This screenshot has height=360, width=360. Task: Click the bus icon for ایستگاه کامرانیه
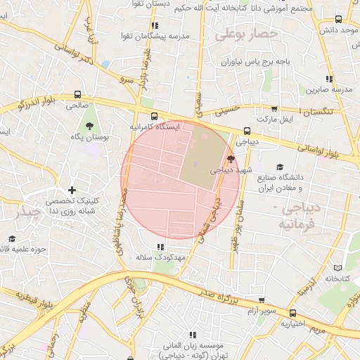[x=154, y=117]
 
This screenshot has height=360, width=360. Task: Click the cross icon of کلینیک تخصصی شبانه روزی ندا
[x=71, y=190]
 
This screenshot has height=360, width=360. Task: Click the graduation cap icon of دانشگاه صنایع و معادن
[x=280, y=167]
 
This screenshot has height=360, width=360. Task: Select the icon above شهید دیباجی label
[x=231, y=159]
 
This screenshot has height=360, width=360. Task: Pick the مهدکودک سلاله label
[x=160, y=258]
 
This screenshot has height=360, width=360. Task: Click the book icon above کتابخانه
[x=337, y=268]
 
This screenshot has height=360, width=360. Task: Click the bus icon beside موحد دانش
[x=340, y=19]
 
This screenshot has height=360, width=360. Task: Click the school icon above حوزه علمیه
[x=11, y=238]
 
